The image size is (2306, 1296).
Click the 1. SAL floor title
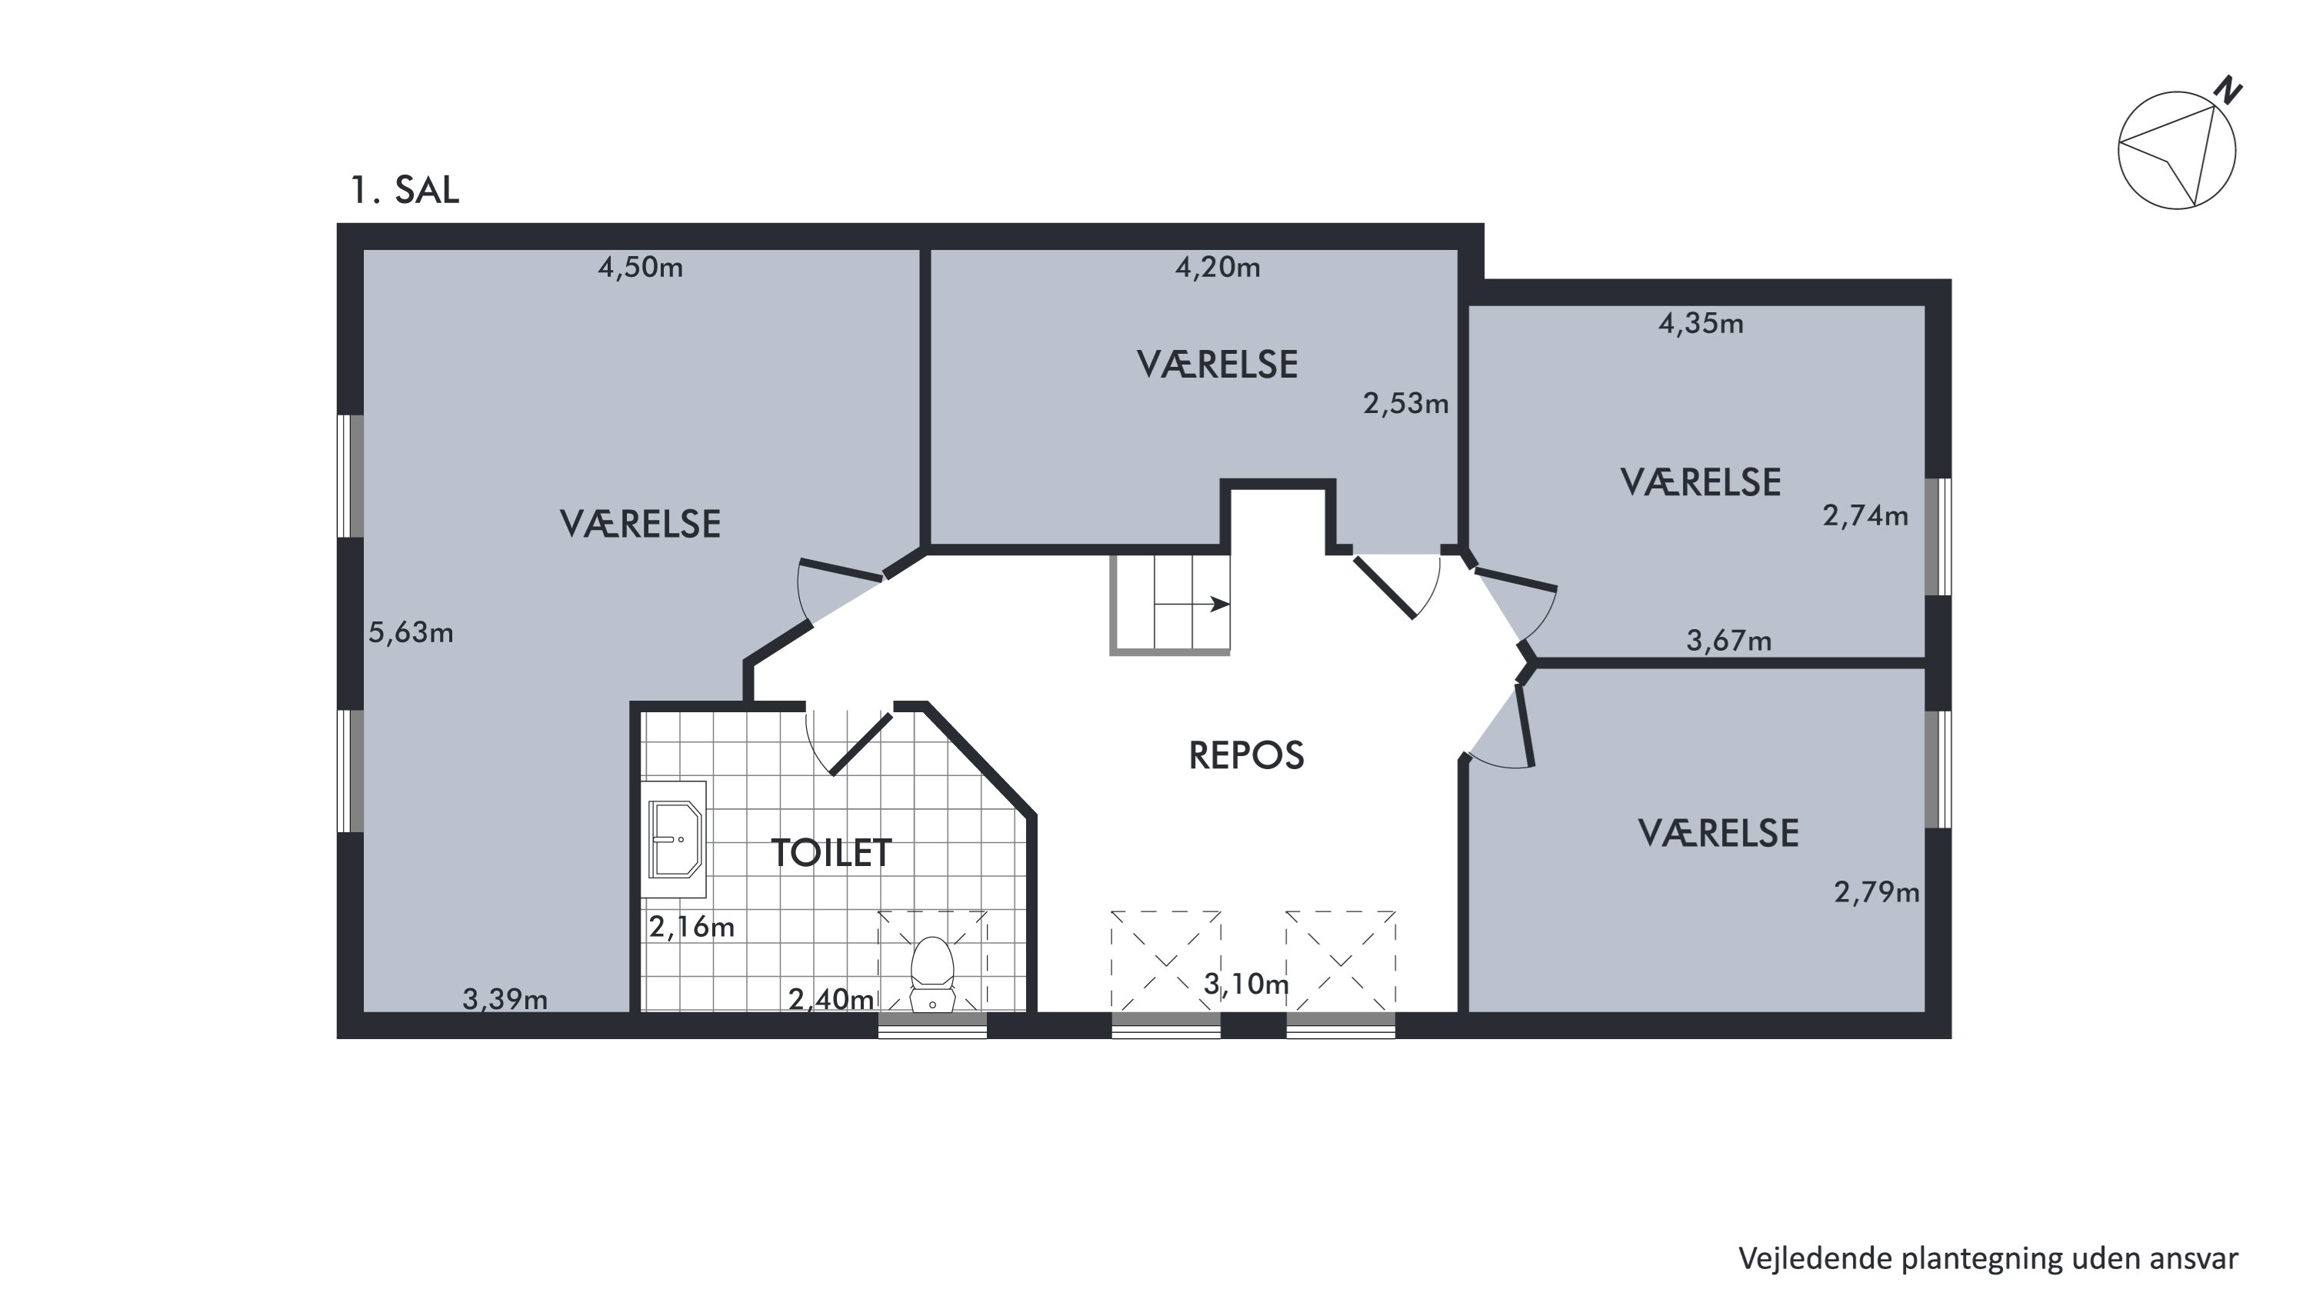tap(405, 190)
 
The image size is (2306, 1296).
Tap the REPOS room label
tap(1246, 755)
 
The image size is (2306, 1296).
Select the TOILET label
tap(831, 853)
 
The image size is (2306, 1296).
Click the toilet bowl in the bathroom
tap(933, 972)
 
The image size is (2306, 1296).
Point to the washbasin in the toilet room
tap(674, 838)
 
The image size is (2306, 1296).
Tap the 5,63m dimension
tap(411, 633)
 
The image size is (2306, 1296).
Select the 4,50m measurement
tap(640, 267)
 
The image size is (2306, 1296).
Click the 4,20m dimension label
tap(1218, 267)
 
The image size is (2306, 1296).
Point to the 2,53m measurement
tap(1405, 404)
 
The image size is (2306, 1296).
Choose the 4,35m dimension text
tap(1701, 323)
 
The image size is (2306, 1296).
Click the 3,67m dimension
tap(1728, 641)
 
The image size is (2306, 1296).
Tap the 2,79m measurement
tap(1876, 892)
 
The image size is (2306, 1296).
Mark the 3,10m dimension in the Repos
tap(1246, 984)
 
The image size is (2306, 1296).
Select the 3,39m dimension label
tap(505, 999)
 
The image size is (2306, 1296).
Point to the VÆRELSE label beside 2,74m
tap(1700, 482)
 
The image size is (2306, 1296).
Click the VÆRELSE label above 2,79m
tap(1718, 833)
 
